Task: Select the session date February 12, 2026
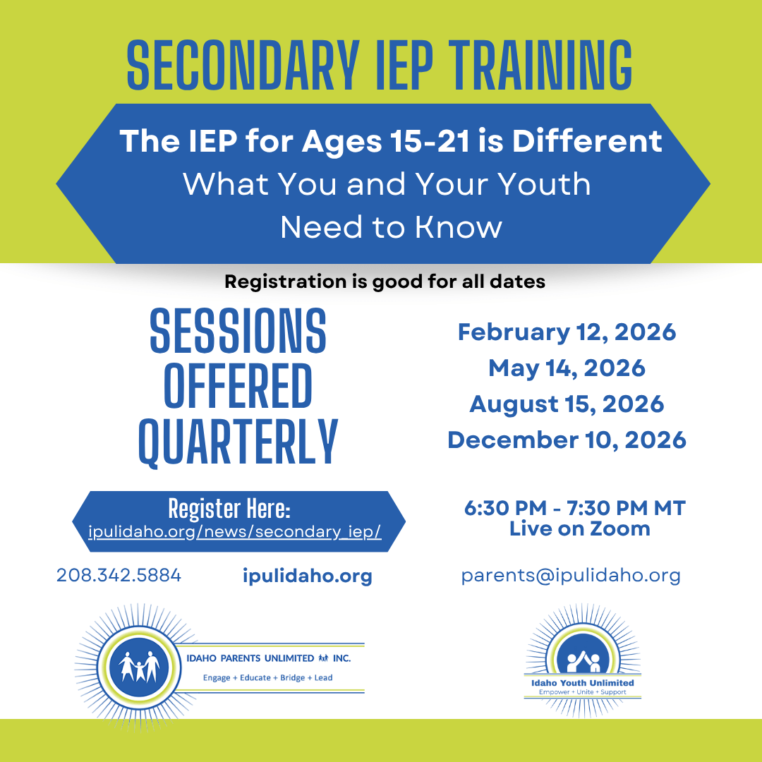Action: click(567, 333)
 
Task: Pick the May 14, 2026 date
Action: click(567, 369)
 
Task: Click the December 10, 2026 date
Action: click(567, 440)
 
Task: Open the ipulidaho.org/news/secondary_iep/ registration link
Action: click(235, 532)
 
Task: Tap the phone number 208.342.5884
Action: click(119, 576)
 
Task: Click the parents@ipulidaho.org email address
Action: click(571, 576)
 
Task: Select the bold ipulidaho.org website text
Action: click(307, 576)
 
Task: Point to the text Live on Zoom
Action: click(580, 528)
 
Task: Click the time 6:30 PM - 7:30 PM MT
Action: click(575, 508)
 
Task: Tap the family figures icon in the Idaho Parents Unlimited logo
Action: click(140, 667)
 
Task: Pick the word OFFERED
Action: click(238, 387)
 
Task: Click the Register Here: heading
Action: click(229, 509)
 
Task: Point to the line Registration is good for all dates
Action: click(385, 282)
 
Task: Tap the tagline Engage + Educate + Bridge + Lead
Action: click(268, 678)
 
